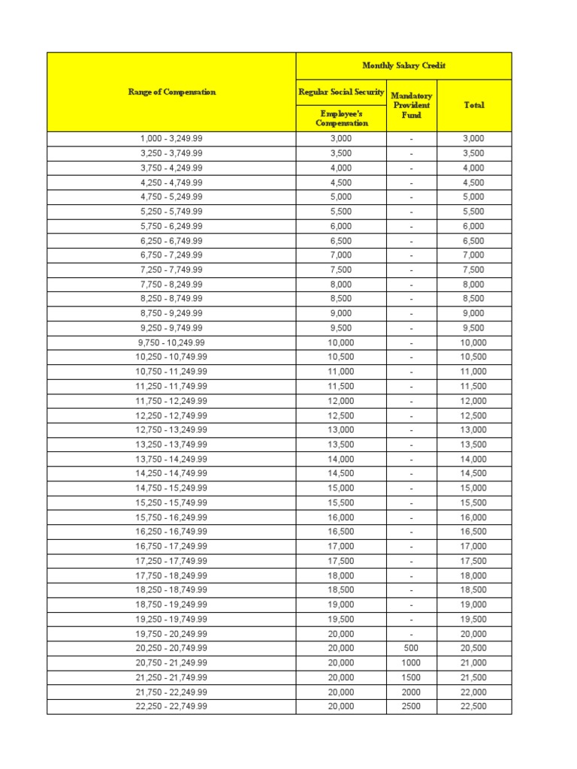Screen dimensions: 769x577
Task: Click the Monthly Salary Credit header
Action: pyautogui.click(x=403, y=65)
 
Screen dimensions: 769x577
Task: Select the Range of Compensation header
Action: pyautogui.click(x=171, y=92)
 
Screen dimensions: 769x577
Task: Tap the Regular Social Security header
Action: pyautogui.click(x=341, y=92)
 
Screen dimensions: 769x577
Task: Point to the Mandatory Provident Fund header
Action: pyautogui.click(x=411, y=105)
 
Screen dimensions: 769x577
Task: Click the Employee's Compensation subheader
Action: pyautogui.click(x=341, y=118)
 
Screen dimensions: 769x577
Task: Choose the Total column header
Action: pyautogui.click(x=473, y=105)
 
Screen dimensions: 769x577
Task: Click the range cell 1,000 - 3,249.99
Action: pyautogui.click(x=171, y=139)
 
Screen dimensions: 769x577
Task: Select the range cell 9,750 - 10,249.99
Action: pyautogui.click(x=171, y=342)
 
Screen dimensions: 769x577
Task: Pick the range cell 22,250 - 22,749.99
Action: pyautogui.click(x=171, y=707)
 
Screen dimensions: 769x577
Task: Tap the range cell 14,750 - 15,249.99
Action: pyautogui.click(x=171, y=488)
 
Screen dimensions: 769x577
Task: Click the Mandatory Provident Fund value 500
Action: pyautogui.click(x=411, y=648)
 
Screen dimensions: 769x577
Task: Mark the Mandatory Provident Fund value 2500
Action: pyautogui.click(x=411, y=707)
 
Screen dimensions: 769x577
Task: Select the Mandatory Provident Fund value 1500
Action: pyautogui.click(x=411, y=677)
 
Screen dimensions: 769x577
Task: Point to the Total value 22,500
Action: pyautogui.click(x=473, y=707)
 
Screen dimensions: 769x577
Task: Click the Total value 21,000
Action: pyautogui.click(x=473, y=663)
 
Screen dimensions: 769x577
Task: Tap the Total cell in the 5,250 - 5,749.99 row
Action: pyautogui.click(x=473, y=212)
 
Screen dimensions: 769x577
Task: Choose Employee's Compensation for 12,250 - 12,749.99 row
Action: pyautogui.click(x=341, y=415)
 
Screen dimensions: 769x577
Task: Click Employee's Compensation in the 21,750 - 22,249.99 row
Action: pyautogui.click(x=341, y=692)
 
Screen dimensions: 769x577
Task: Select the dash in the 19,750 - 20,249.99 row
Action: pyautogui.click(x=411, y=634)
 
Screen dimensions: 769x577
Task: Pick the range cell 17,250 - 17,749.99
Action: pyautogui.click(x=171, y=561)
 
